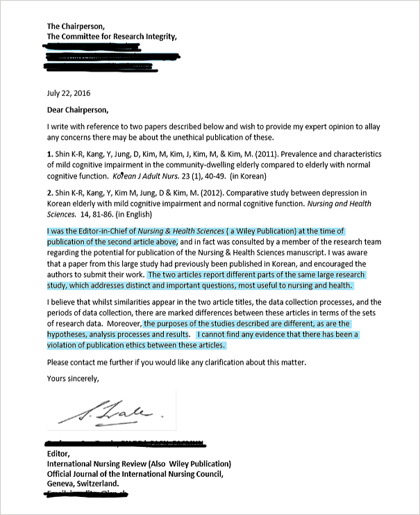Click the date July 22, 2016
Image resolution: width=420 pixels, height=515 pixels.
68,92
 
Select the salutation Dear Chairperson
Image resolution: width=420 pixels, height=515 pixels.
78,109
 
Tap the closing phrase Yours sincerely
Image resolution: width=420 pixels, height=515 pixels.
73,379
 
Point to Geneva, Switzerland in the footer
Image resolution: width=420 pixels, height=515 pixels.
83,484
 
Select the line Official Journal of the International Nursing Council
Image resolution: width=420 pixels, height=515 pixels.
135,474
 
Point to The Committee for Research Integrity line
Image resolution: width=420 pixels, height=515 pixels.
112,36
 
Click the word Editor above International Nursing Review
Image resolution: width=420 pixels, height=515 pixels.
58,454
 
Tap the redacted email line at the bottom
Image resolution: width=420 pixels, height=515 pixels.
89,494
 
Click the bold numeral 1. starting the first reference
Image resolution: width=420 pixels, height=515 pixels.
50,154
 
